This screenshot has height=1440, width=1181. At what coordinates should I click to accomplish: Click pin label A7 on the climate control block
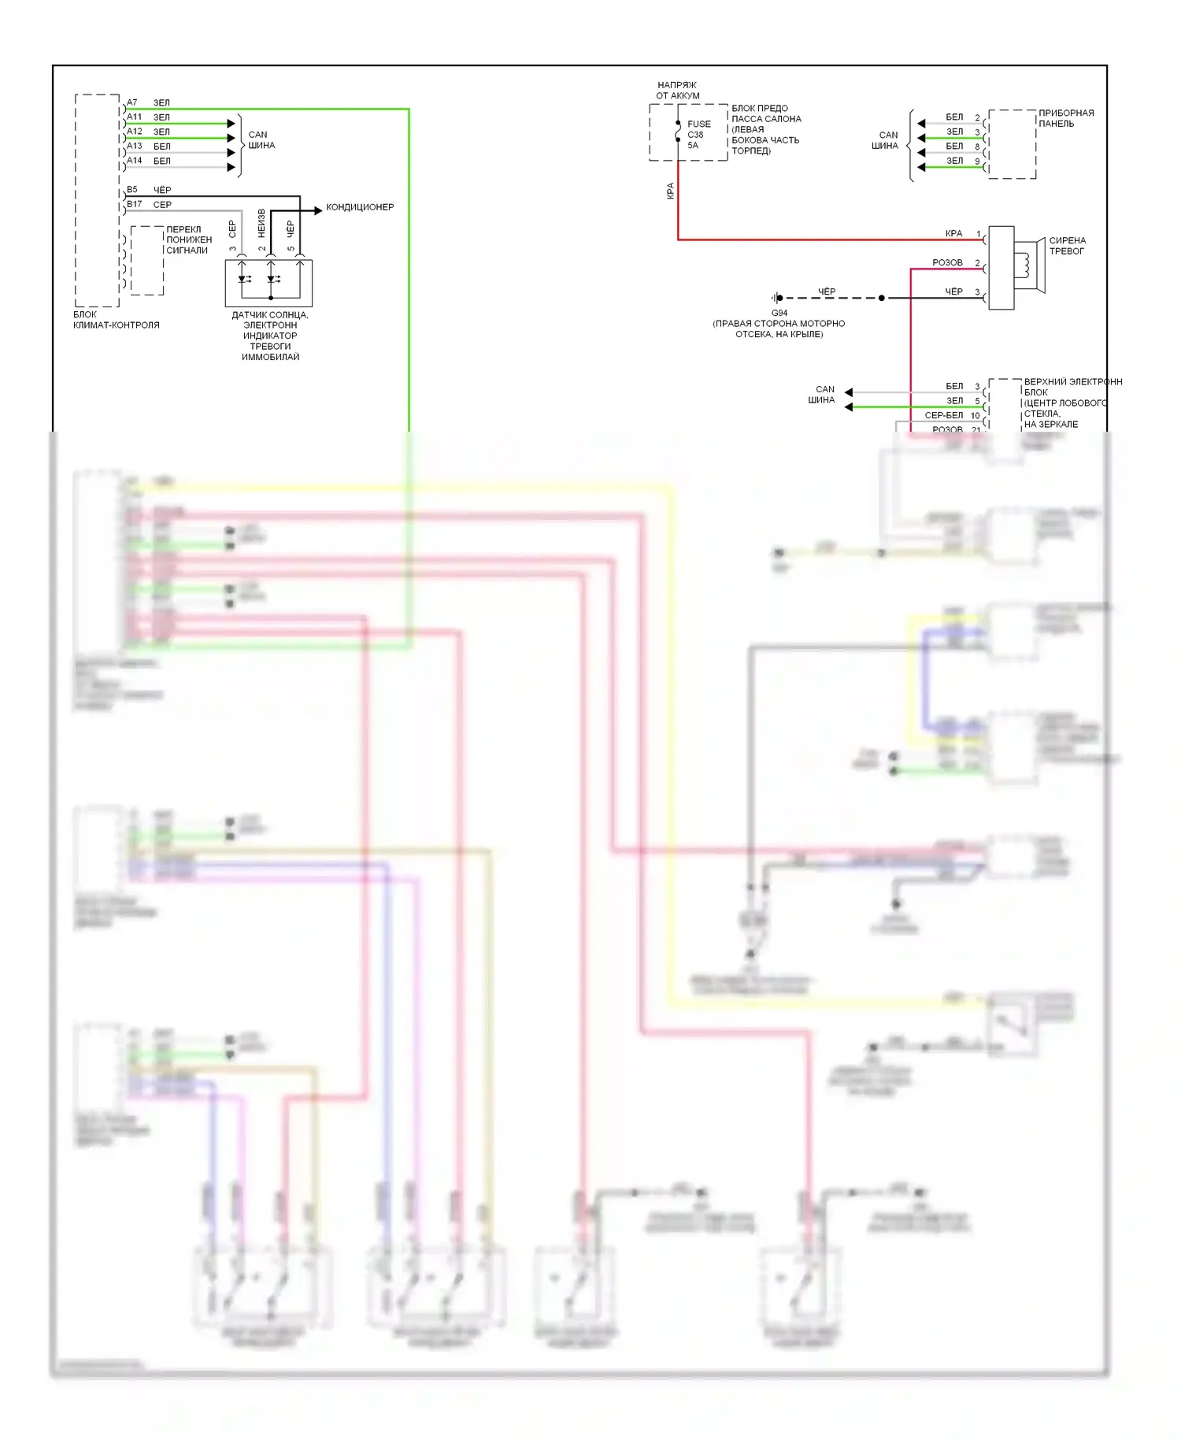click(x=132, y=103)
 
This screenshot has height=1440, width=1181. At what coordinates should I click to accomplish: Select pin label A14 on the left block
click(x=135, y=161)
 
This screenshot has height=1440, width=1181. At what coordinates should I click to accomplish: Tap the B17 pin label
click(x=135, y=205)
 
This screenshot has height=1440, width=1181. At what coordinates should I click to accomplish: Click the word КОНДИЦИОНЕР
click(x=360, y=207)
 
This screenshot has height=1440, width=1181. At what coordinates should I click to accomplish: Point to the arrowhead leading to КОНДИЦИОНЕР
click(x=318, y=210)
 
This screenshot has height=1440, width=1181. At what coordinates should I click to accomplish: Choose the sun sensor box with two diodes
click(x=268, y=283)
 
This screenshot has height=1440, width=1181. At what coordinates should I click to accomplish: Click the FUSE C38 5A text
click(x=698, y=135)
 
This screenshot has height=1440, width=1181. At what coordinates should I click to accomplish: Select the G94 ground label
click(x=779, y=313)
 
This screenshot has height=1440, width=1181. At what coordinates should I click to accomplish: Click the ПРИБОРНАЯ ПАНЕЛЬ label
click(x=1065, y=118)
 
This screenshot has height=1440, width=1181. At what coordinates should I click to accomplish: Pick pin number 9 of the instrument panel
click(x=977, y=161)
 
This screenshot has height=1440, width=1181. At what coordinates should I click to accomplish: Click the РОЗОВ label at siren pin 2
click(x=947, y=263)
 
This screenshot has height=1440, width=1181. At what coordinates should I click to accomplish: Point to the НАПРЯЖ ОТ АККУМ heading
click(x=677, y=91)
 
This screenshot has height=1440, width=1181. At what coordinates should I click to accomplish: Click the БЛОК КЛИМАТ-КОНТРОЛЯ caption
click(x=116, y=320)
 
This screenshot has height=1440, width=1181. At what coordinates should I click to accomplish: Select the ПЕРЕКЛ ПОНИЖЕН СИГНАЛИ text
click(x=189, y=240)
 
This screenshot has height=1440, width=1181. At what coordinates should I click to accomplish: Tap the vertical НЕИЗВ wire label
click(x=262, y=223)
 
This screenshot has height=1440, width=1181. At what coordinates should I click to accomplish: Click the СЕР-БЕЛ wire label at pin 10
click(x=943, y=415)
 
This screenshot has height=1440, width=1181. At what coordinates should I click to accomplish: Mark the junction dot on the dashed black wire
click(x=881, y=299)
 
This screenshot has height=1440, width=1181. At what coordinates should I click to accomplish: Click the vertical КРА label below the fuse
click(x=671, y=191)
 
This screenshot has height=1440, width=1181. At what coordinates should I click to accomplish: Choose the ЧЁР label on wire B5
click(x=162, y=190)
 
